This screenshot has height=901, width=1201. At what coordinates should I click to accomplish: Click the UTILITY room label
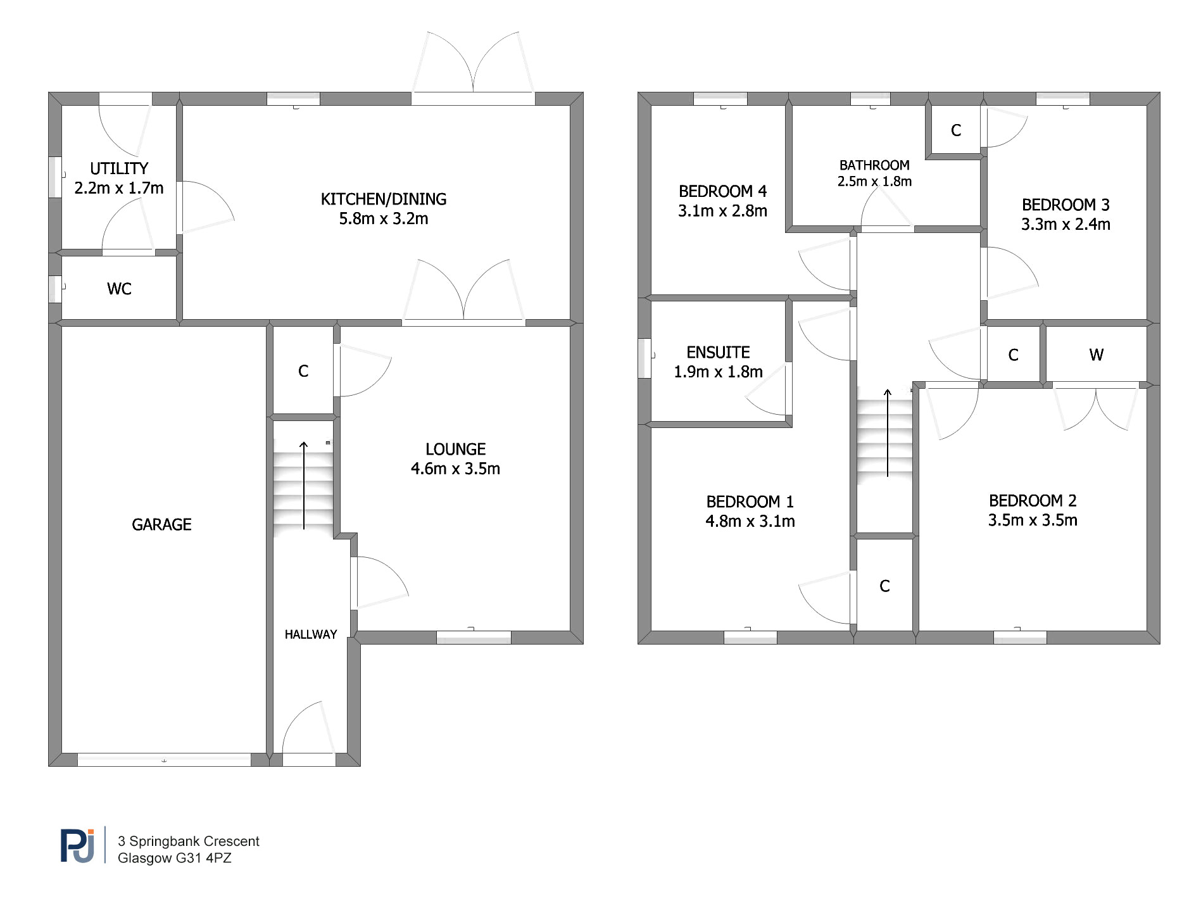[x=119, y=168]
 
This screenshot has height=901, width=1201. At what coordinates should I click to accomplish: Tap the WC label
[x=119, y=289]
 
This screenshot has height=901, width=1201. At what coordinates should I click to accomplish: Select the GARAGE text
[x=161, y=524]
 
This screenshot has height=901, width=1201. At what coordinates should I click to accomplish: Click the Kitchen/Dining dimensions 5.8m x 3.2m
[x=384, y=218]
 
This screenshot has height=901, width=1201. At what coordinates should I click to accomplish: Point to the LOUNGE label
[x=456, y=449]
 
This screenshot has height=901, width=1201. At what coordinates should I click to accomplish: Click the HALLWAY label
[x=311, y=634]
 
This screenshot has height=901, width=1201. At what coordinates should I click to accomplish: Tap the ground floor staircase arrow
[x=304, y=486]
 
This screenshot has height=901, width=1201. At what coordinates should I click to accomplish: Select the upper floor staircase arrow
[x=888, y=432]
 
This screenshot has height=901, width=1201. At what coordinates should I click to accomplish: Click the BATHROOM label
[x=874, y=165]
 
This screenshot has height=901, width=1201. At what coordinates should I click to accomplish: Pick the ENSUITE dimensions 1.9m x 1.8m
[x=718, y=372]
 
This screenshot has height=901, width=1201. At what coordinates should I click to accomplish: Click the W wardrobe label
[x=1097, y=355]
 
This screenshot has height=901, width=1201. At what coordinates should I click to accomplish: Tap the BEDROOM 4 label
[x=722, y=191]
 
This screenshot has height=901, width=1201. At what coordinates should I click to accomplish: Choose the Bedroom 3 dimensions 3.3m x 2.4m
[x=1066, y=224]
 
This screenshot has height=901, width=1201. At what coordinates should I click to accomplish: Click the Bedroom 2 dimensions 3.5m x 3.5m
[x=1033, y=520]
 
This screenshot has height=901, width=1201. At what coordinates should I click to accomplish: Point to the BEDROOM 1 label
[x=750, y=501]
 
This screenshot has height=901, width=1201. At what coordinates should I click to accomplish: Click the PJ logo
[x=78, y=845]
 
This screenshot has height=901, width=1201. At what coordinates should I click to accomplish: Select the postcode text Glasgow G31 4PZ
[x=175, y=858]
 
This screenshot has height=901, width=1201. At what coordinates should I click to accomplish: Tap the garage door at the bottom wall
[x=164, y=760]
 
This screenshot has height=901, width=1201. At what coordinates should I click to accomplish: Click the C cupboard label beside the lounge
[x=303, y=371]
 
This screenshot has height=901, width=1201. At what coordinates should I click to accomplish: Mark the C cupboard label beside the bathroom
[x=956, y=130]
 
